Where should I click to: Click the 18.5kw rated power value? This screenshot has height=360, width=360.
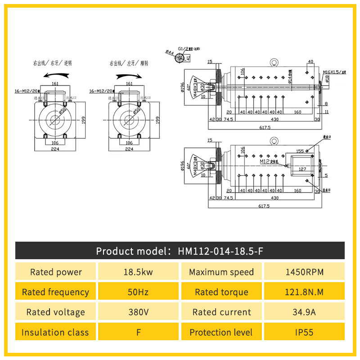139,272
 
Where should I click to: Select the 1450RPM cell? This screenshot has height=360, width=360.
304,272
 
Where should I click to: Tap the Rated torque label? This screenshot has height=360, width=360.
221,292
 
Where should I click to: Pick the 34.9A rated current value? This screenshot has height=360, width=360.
304,312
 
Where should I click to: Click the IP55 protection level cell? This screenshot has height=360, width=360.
304,333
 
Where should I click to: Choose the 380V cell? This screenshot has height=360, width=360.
139,312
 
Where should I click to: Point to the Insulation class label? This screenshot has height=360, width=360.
56,333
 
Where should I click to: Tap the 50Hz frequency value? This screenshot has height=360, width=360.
139,292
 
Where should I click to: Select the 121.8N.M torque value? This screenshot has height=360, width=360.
304,292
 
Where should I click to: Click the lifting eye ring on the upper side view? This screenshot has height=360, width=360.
273,63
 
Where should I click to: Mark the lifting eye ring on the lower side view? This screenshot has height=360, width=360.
273,141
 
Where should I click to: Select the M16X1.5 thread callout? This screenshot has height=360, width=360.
333,72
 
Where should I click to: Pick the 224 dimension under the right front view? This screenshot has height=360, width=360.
129,149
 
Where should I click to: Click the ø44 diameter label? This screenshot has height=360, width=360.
170,52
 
